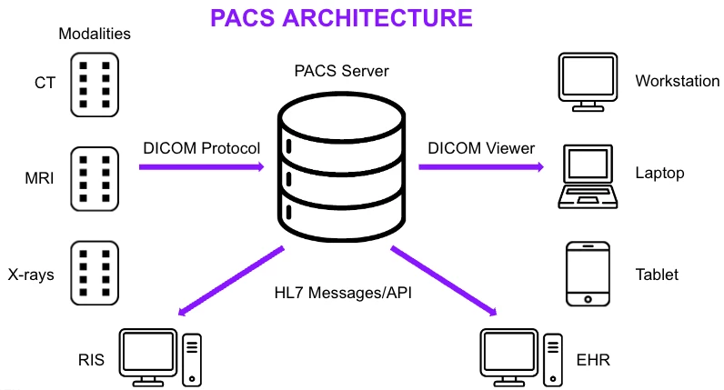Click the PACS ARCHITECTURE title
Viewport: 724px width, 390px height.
341,18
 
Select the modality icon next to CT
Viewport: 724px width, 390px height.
95,84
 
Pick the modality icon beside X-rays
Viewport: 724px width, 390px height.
95,272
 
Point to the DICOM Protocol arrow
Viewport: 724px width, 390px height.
201,167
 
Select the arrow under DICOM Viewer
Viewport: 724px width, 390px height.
481,167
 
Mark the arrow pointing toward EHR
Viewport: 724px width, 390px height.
445,281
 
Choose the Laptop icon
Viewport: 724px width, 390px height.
587,175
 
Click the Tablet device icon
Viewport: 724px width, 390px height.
587,273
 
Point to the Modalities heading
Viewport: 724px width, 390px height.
95,35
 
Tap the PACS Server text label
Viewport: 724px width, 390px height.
340,71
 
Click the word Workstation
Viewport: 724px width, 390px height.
678,81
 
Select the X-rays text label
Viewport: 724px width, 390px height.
32,273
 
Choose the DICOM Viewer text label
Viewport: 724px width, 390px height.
481,148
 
